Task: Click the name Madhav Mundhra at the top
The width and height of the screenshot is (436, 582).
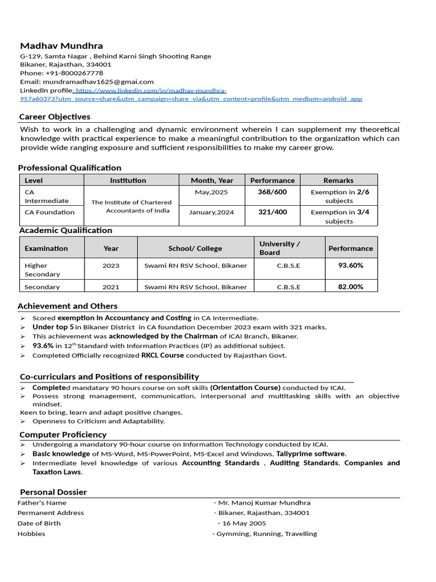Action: point(61,45)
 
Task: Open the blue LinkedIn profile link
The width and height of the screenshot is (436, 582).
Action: point(191,95)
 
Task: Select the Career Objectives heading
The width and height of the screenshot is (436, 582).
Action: point(54,117)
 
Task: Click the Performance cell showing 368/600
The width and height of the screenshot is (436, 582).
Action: point(272,192)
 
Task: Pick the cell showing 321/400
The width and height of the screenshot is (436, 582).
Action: point(272,212)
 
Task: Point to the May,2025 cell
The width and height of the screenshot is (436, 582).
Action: point(211,192)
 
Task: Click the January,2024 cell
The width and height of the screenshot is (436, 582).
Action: point(211,212)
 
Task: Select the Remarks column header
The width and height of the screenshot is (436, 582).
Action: point(338,180)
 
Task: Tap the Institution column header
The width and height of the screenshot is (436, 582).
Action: point(128,180)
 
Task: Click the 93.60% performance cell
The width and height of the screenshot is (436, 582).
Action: point(350,265)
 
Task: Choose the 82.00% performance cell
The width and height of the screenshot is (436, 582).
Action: point(350,287)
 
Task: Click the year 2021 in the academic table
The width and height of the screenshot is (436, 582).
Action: point(111,287)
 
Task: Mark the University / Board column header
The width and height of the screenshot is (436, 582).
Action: point(279,248)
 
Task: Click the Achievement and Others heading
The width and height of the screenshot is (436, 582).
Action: point(68,306)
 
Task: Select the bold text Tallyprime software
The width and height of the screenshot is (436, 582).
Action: point(310,454)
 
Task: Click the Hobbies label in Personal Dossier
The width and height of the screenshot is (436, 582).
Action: point(31,534)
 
